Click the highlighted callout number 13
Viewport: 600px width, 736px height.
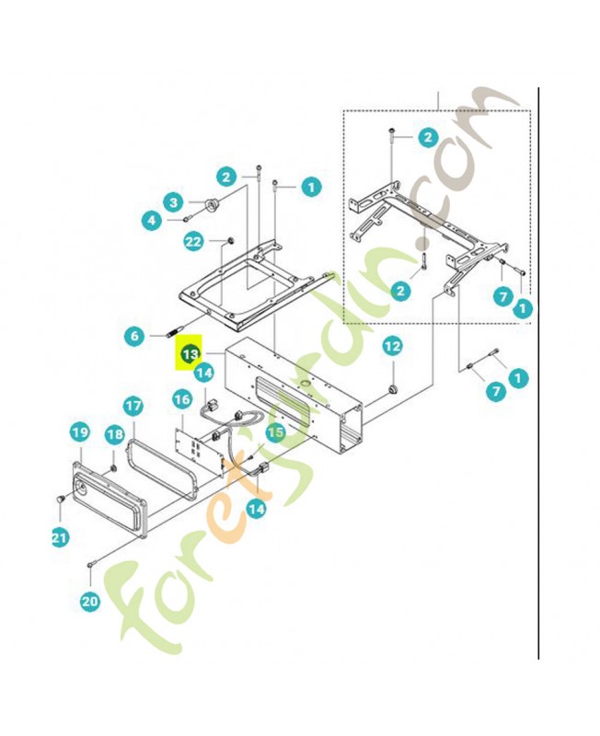pos(190,353)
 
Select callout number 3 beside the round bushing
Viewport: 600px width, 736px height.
pos(173,202)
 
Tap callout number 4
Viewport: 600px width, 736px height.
pos(152,220)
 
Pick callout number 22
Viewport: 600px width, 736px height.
pos(193,242)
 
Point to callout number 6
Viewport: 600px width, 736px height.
pos(134,336)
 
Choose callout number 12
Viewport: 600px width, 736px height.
pos(393,347)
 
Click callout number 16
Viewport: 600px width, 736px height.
pos(182,399)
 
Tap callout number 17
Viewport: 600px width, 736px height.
pos(133,406)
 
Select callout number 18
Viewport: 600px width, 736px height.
pos(114,434)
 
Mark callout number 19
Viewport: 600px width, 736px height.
pos(80,431)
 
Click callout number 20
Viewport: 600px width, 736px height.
pos(90,601)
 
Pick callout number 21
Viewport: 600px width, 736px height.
pos(60,537)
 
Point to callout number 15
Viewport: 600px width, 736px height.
pos(275,432)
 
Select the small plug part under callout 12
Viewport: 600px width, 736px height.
pos(393,389)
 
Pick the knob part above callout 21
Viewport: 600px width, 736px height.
pos(60,499)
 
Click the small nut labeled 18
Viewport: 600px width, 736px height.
pos(113,467)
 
